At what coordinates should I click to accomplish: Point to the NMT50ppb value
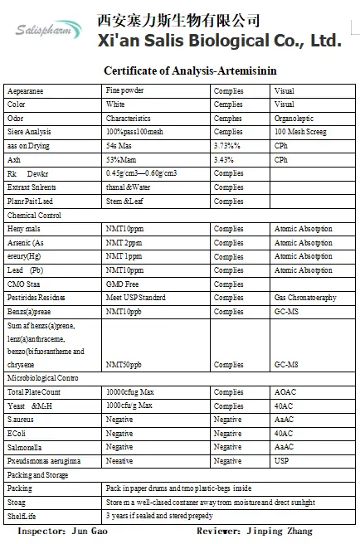[124, 364]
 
